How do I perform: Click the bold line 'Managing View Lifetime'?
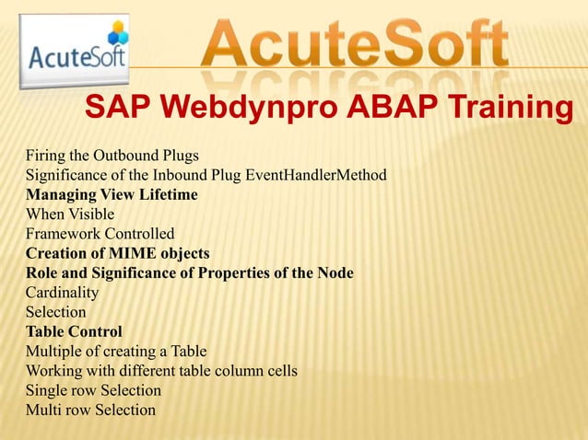(x=112, y=194)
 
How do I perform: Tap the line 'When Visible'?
(x=70, y=214)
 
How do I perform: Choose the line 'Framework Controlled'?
(x=100, y=233)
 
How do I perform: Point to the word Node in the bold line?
(x=335, y=272)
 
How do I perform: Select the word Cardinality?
(x=62, y=293)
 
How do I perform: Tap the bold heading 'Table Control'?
(x=74, y=331)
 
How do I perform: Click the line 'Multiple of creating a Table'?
(x=116, y=351)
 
